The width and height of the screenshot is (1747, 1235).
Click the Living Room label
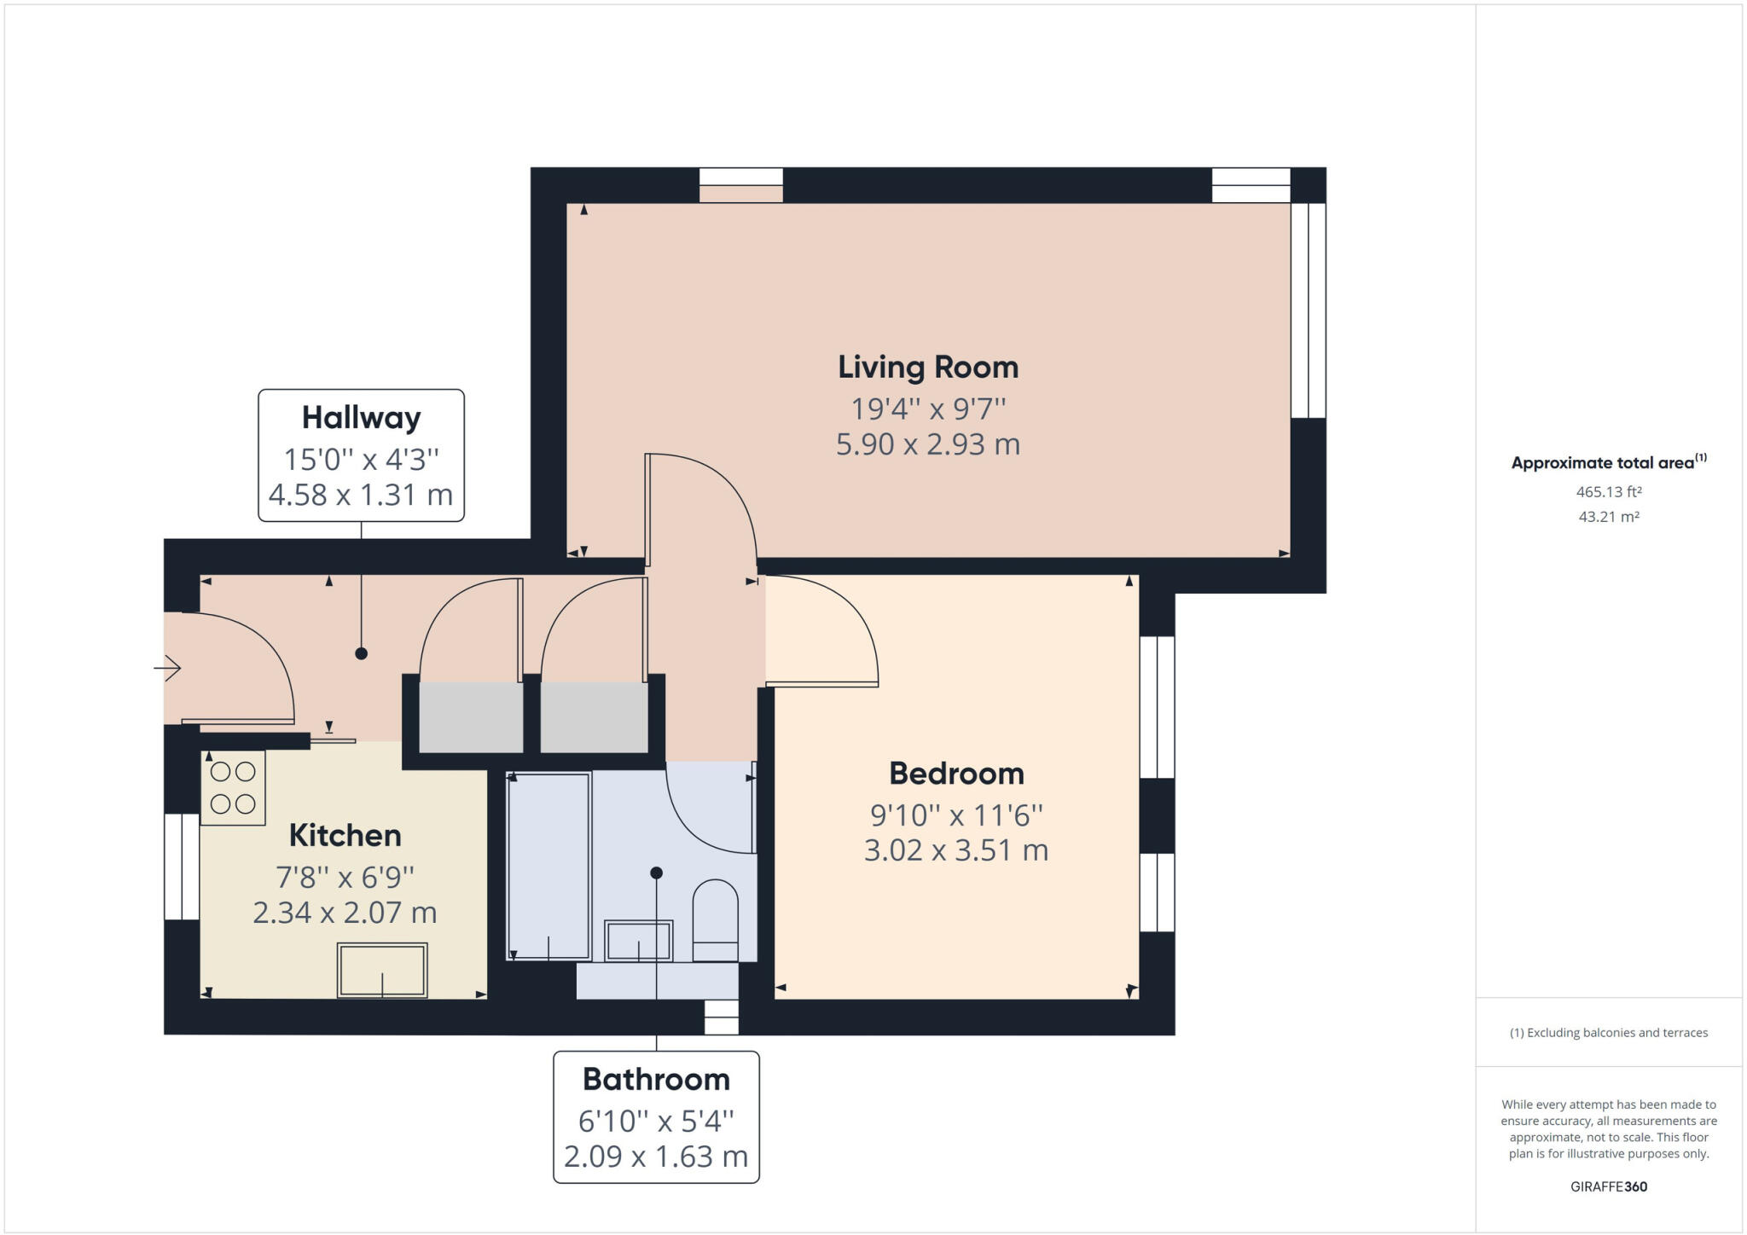point(928,367)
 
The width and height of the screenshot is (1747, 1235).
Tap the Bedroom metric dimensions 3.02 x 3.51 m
point(955,850)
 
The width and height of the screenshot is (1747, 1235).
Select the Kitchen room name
point(345,835)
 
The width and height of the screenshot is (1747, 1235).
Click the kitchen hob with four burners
point(233,787)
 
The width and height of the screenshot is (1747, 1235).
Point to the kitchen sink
point(382,970)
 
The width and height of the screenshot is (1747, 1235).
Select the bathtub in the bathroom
point(548,866)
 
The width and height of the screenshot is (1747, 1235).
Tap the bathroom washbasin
point(638,941)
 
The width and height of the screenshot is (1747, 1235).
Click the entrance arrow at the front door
point(168,668)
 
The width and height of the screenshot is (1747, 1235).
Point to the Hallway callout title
point(361,418)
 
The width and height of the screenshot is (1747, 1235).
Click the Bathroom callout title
point(656,1079)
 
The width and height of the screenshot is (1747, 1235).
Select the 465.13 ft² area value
point(1609,492)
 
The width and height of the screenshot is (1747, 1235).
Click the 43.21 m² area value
point(1609,517)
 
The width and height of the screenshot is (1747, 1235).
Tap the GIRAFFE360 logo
point(1609,1186)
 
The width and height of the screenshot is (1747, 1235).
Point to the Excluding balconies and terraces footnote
point(1609,1033)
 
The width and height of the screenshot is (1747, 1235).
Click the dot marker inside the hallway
point(361,653)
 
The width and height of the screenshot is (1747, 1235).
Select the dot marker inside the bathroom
point(656,873)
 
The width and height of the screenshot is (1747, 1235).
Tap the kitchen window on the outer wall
point(181,867)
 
